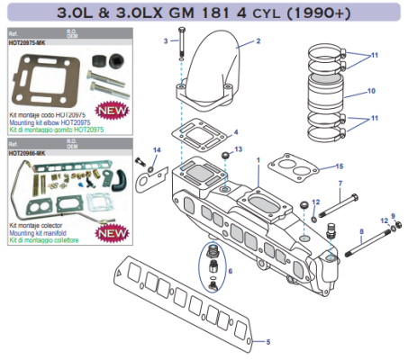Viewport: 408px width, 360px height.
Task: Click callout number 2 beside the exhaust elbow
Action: [x=258, y=41]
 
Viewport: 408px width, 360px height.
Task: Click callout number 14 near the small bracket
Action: [x=155, y=149]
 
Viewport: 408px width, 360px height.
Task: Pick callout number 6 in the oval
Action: [x=231, y=270]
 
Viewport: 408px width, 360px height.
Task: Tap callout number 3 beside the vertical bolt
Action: [x=166, y=41]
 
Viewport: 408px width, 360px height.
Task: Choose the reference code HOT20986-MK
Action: [x=26, y=153]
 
